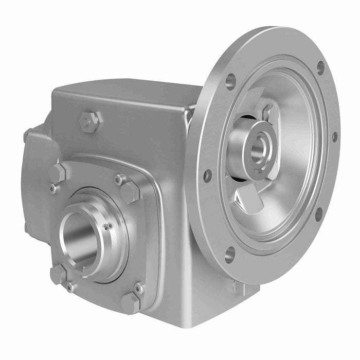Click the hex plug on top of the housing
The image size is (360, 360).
pyautogui.click(x=89, y=122)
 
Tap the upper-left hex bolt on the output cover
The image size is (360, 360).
pyautogui.click(x=58, y=173)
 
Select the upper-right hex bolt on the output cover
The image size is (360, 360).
pyautogui.click(x=130, y=192)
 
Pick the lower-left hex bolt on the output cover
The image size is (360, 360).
pyautogui.click(x=58, y=274)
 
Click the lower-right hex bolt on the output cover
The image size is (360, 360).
pyautogui.click(x=130, y=303)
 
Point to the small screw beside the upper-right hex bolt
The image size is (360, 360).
pyautogui.click(x=118, y=179)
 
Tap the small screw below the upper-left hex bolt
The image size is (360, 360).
pyautogui.click(x=53, y=189)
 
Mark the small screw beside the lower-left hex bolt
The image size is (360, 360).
pyautogui.click(x=70, y=287)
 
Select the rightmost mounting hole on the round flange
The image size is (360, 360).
pyautogui.click(x=334, y=137)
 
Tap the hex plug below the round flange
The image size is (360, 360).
pyautogui.click(x=239, y=288)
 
